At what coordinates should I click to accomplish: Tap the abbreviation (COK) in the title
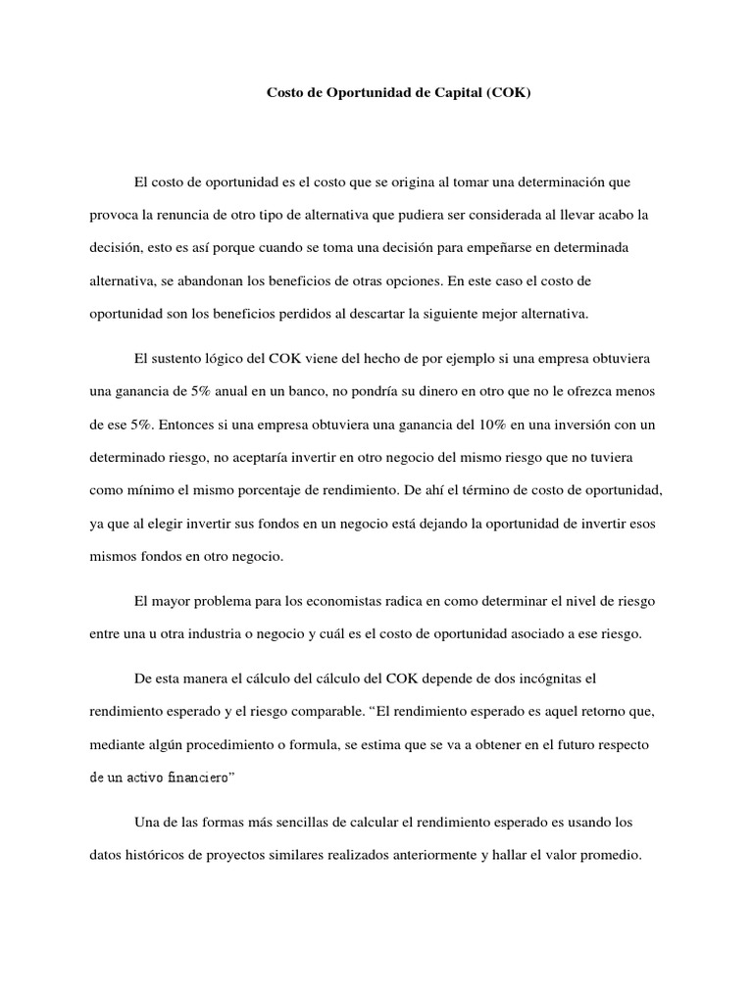tap(507, 95)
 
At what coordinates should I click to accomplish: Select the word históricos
tap(157, 855)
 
